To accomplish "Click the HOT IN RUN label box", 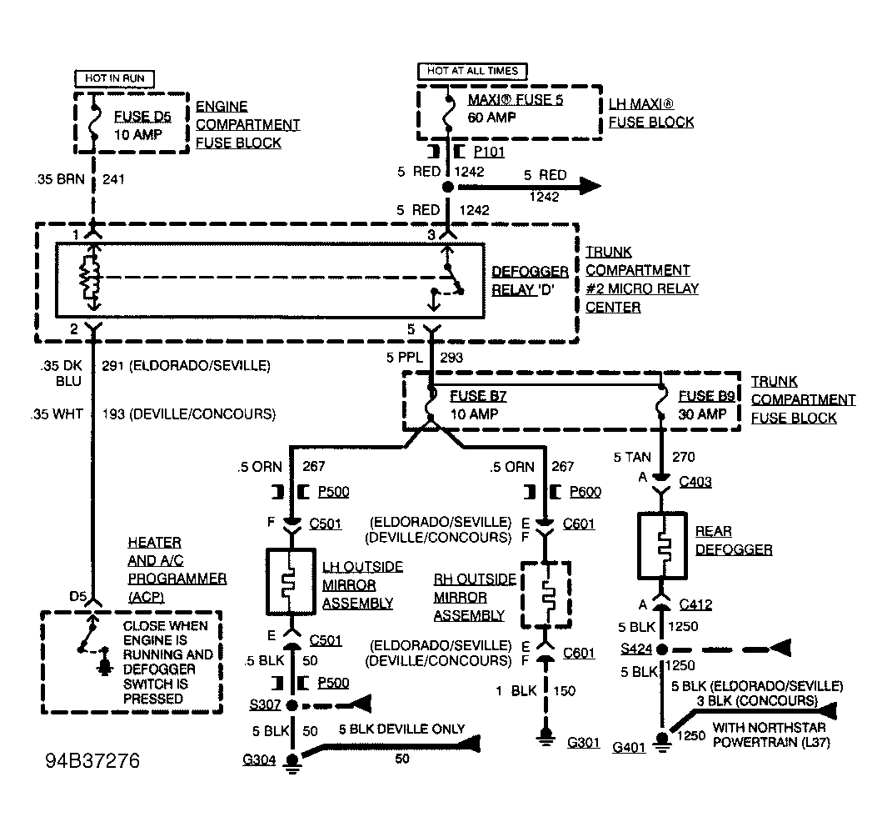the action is coord(114,78).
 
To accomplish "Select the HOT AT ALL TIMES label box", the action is coord(472,71).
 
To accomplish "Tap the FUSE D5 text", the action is coord(142,117).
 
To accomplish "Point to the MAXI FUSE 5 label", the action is coord(516,100).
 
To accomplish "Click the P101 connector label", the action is coord(490,152).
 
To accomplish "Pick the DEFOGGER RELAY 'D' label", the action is coord(530,280).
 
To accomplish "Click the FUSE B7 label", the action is coord(478,396).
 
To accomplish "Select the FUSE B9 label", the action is coord(706,396).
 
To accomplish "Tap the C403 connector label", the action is coord(695,482).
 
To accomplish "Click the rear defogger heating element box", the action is coord(662,546).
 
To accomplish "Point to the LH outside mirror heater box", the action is coord(291,581).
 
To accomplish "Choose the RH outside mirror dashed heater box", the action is coord(546,594).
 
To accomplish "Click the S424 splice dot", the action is coord(662,649).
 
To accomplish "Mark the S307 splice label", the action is coord(266,704).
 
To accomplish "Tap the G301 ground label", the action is coord(583,743).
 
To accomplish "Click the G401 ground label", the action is coord(629,748).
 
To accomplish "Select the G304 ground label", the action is coord(259,759).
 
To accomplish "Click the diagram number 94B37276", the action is coord(92,760).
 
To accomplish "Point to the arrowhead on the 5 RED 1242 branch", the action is coord(591,186).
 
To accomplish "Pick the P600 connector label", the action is coord(586,492).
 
